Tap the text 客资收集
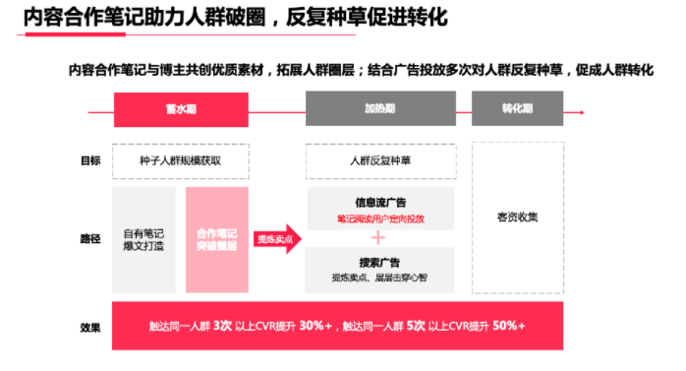(518, 217)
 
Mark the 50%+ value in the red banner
(507, 326)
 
